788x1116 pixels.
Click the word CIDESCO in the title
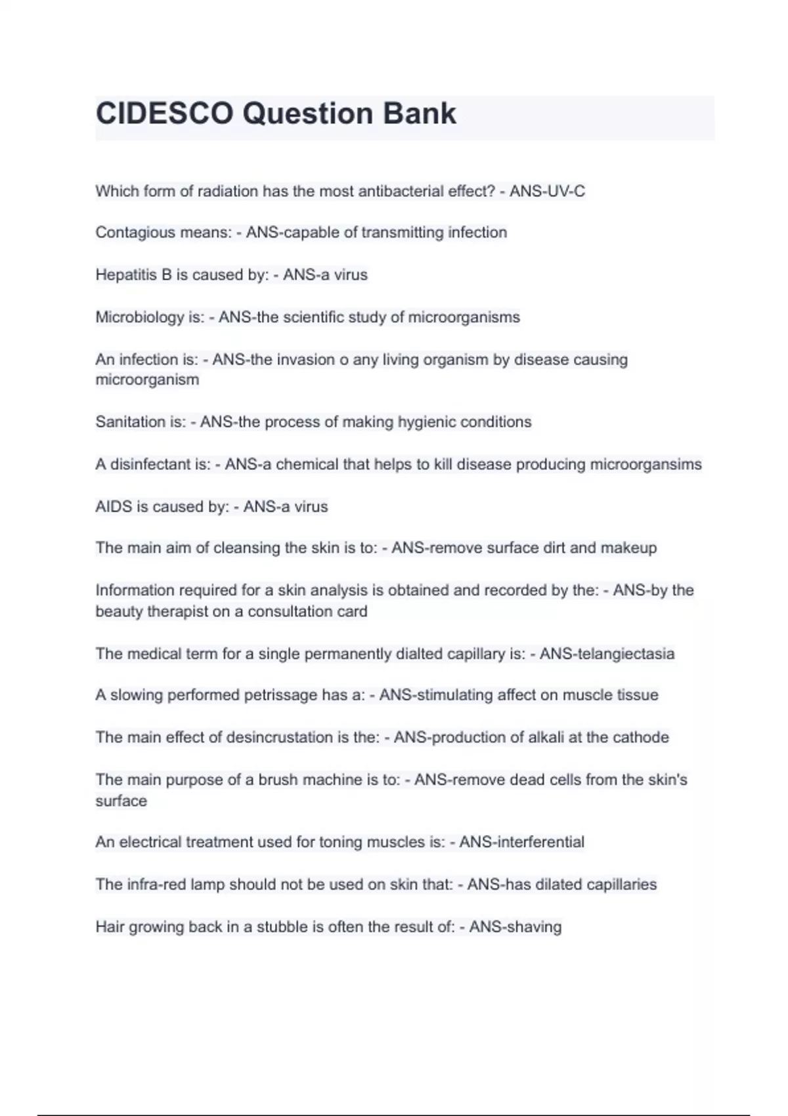[x=164, y=114]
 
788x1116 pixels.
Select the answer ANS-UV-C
[x=547, y=192]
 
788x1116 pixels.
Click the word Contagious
[x=129, y=232]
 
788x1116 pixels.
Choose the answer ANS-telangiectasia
[x=607, y=654]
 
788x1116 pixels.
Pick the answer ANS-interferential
[x=521, y=842]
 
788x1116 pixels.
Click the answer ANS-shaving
[x=515, y=927]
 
